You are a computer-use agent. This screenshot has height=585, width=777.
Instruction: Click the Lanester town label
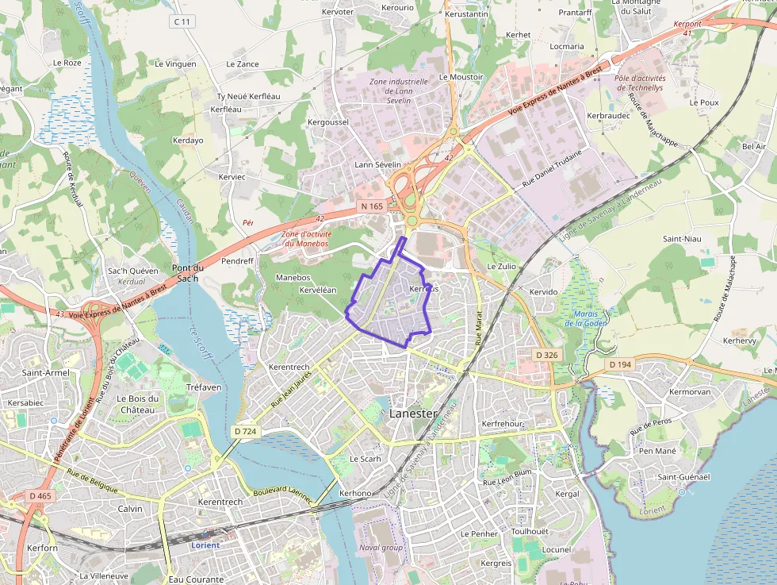[412, 413]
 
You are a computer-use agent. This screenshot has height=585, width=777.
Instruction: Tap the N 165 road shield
[371, 206]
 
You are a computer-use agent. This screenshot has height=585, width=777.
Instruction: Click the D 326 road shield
[547, 355]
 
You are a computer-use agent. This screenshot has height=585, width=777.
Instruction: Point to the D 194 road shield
[621, 364]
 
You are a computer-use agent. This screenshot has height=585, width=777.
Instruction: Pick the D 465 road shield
[40, 496]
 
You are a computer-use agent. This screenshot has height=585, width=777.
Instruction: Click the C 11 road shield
[182, 21]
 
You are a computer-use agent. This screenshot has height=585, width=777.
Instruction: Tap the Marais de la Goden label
[585, 319]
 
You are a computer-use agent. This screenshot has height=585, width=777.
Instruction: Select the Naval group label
[381, 547]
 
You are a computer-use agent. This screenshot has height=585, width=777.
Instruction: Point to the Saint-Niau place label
[681, 239]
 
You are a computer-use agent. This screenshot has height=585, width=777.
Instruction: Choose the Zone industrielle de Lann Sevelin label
[399, 90]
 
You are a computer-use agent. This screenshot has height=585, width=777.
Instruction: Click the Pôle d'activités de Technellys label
[640, 83]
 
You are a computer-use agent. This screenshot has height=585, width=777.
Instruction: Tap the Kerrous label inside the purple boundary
[423, 289]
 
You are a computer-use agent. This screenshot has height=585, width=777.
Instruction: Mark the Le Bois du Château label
[138, 403]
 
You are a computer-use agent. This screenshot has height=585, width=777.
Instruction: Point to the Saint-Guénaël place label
[683, 476]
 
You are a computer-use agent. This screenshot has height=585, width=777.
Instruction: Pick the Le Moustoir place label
[461, 77]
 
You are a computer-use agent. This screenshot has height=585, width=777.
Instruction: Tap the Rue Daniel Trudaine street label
[552, 168]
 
